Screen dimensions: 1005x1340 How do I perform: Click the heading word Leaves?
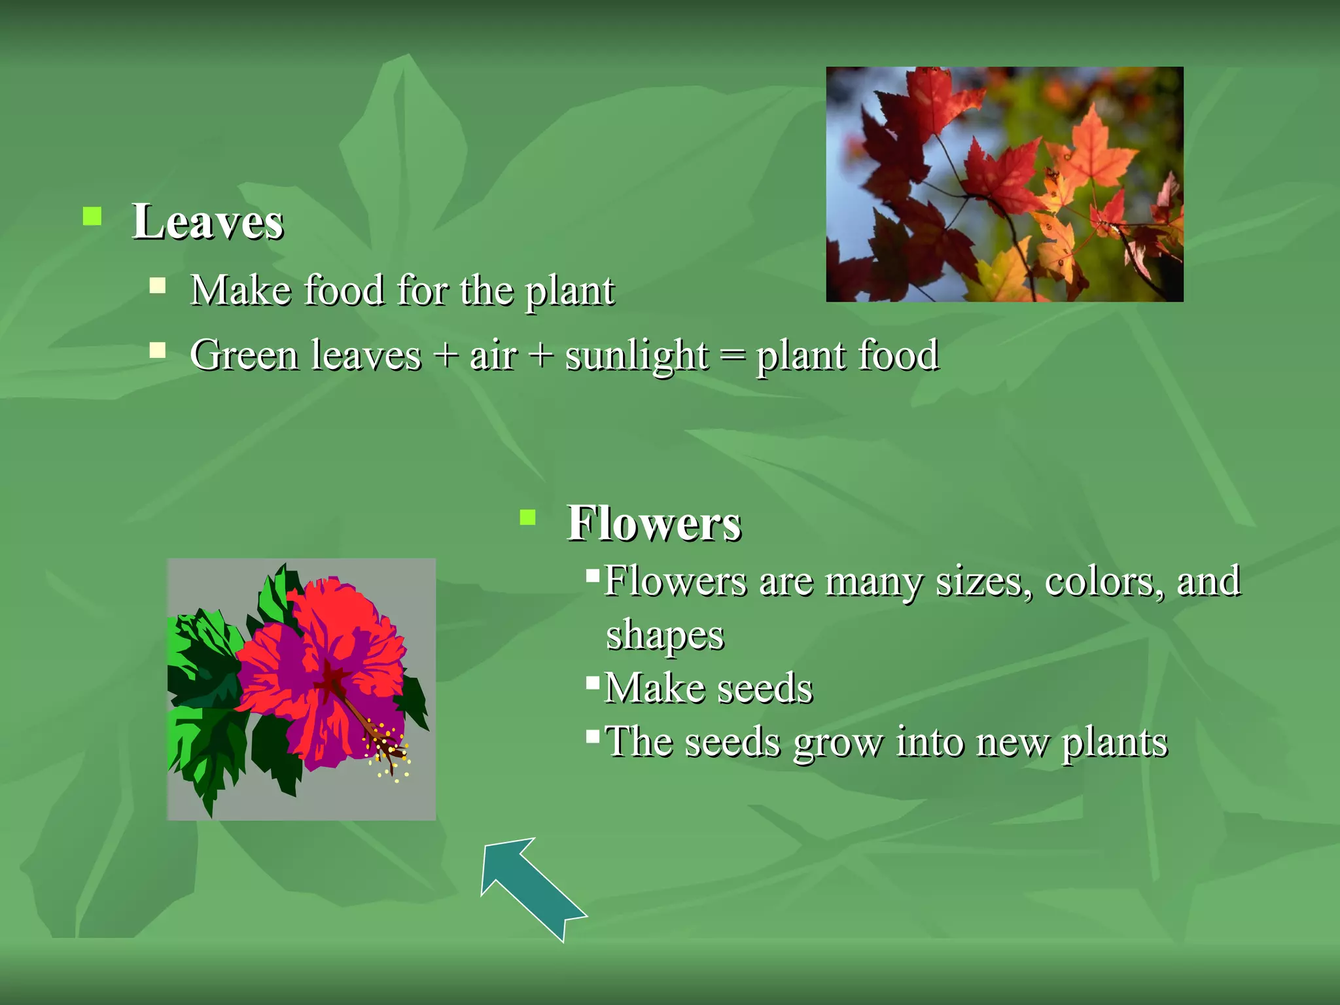tap(207, 222)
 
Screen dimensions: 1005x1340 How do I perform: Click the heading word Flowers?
tap(654, 523)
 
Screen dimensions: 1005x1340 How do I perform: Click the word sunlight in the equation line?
tap(637, 356)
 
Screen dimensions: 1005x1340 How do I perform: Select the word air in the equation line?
tap(493, 356)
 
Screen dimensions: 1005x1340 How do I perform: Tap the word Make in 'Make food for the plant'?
tap(239, 291)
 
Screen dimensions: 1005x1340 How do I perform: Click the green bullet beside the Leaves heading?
tap(92, 217)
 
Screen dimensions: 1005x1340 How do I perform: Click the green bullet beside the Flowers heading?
tap(527, 518)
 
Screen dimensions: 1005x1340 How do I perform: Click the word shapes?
tap(665, 635)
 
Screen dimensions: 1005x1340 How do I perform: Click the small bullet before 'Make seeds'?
tap(593, 683)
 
